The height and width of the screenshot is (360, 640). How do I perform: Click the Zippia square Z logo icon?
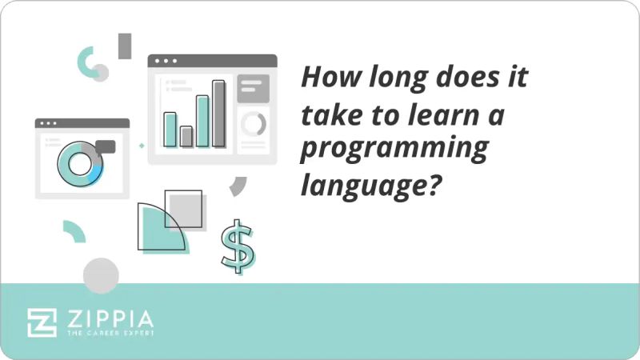pos(42,322)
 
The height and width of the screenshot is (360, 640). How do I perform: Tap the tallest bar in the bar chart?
pos(218,114)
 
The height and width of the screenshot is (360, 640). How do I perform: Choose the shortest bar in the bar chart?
pos(186,136)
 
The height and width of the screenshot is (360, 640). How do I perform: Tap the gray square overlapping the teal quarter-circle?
pos(183,210)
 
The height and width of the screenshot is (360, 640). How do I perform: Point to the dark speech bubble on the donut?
pos(105,146)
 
